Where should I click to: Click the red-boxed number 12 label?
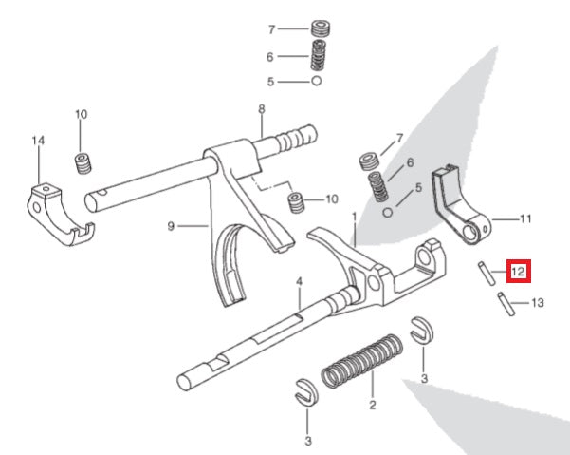[x=518, y=272]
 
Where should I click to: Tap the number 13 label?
[x=538, y=303]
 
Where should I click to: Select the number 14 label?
[x=38, y=142]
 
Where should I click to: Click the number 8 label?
[x=261, y=110]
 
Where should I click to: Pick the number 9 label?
[x=171, y=226]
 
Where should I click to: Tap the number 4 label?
[x=298, y=282]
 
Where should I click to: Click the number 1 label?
[x=354, y=217]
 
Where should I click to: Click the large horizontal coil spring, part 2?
[x=360, y=360]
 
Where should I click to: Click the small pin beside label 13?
[x=505, y=305]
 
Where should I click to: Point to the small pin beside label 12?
[x=484, y=273]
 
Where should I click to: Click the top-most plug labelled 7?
[x=321, y=30]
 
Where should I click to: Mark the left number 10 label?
[x=81, y=115]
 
